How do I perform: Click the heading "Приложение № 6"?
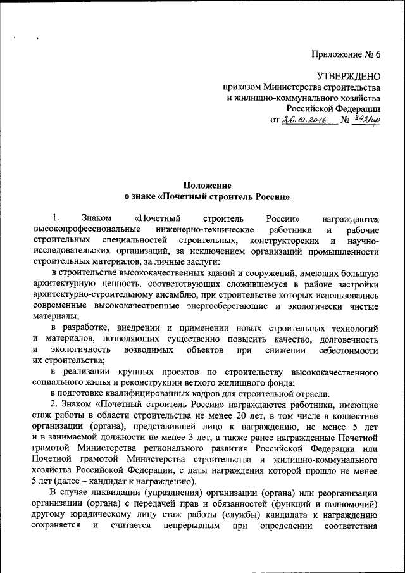pyautogui.click(x=346, y=54)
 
